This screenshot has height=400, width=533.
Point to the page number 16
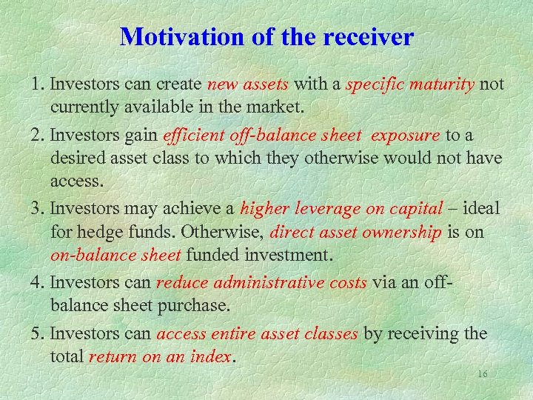[482, 374]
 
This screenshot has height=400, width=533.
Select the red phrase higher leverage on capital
[341, 208]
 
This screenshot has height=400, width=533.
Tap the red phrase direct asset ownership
[356, 232]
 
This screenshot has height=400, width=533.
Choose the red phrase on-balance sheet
[115, 255]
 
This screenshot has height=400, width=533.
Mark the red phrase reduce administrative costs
[261, 283]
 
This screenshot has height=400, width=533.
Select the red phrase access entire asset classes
[258, 333]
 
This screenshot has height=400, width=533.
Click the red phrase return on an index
[160, 356]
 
